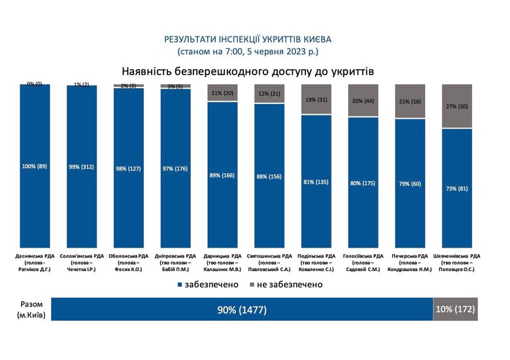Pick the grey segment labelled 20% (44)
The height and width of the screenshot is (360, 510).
tap(363, 101)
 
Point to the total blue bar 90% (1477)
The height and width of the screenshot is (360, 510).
tap(241, 310)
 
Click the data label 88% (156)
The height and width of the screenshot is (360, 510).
tap(269, 175)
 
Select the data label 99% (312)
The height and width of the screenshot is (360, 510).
tap(81, 167)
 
